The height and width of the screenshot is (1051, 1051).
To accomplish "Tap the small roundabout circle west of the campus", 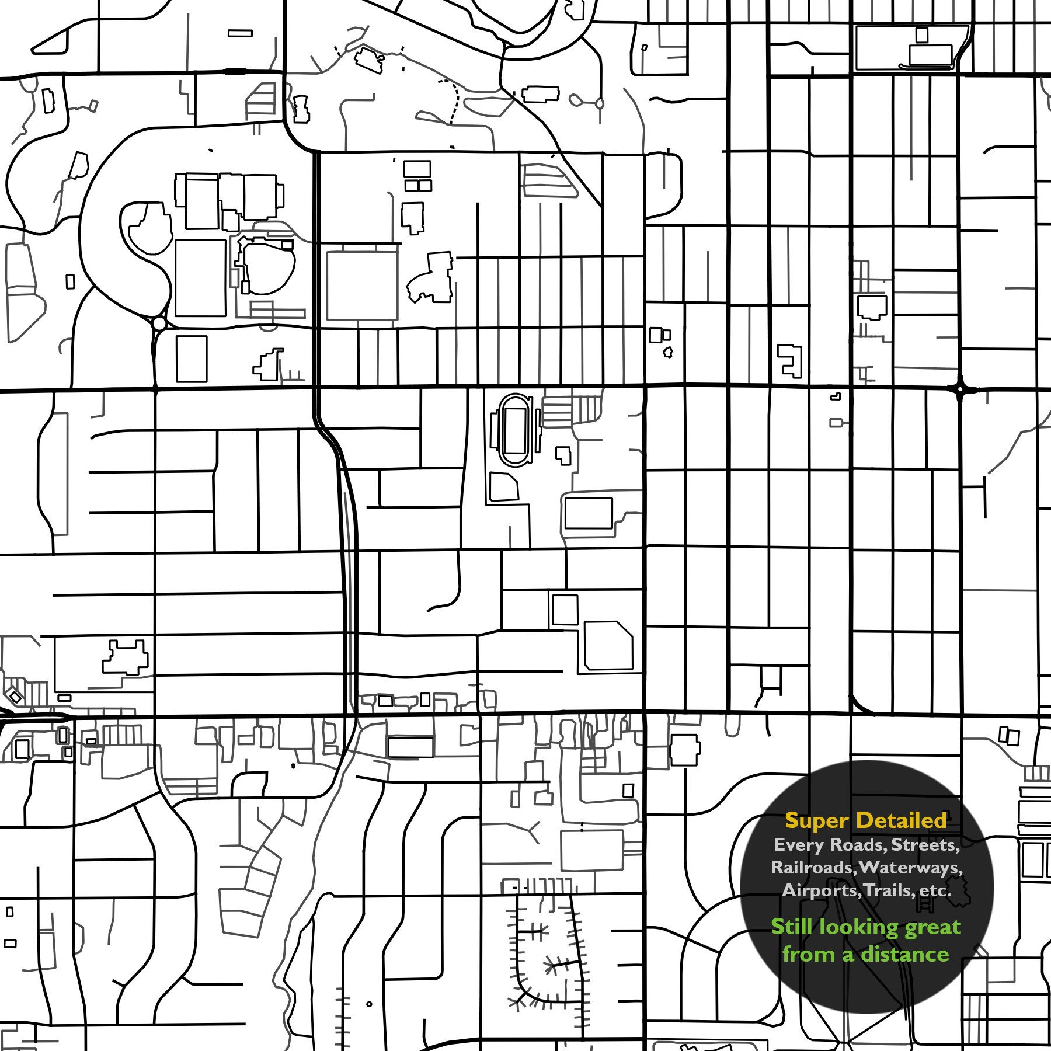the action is (x=158, y=323).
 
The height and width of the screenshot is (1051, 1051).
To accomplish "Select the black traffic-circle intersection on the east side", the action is (x=960, y=388).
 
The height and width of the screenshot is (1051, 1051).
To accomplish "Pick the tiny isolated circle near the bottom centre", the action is (x=369, y=1004).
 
